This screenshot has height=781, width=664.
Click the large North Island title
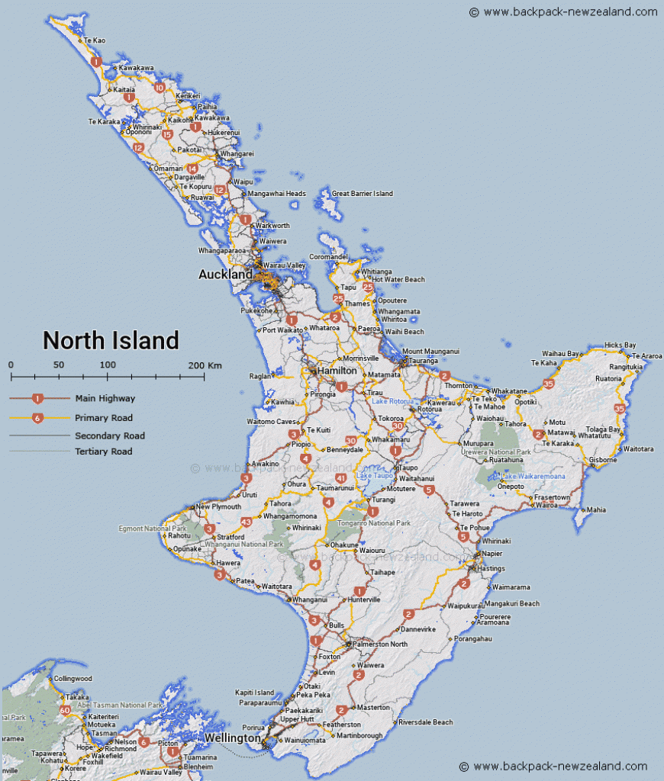click(x=111, y=340)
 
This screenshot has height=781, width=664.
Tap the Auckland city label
click(x=225, y=274)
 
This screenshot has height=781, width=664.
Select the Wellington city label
click(x=232, y=738)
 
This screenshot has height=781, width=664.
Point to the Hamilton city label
click(x=337, y=371)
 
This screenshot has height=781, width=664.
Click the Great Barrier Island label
click(x=362, y=194)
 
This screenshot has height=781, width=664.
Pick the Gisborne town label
click(x=603, y=460)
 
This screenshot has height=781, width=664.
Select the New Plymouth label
click(x=218, y=506)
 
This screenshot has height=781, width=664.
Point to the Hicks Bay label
click(x=620, y=346)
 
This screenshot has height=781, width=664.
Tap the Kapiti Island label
click(x=255, y=693)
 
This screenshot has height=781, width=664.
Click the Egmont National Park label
click(x=153, y=528)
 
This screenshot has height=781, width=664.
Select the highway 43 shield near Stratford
click(x=246, y=522)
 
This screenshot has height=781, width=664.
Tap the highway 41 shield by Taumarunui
click(x=341, y=478)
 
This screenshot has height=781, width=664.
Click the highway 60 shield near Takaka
click(x=65, y=710)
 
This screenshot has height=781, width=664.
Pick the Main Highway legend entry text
click(x=105, y=398)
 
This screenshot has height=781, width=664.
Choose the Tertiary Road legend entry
click(x=103, y=452)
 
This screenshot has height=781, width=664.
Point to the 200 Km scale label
click(x=205, y=365)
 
